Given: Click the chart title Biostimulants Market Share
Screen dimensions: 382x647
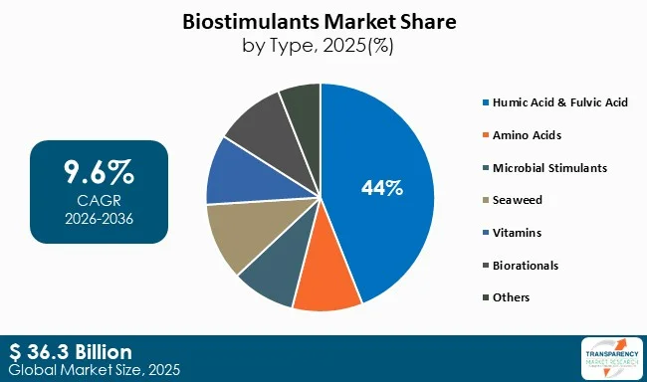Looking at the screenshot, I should tap(323, 20).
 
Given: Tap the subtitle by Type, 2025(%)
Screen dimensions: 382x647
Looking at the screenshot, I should tap(323, 44).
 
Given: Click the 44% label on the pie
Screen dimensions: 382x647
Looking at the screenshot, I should tap(382, 188).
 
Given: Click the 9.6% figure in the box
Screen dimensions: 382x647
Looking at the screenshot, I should tap(99, 173).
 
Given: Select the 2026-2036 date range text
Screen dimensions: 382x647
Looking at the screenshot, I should tap(99, 217).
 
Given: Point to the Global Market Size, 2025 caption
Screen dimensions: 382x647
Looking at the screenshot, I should tap(84, 369).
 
